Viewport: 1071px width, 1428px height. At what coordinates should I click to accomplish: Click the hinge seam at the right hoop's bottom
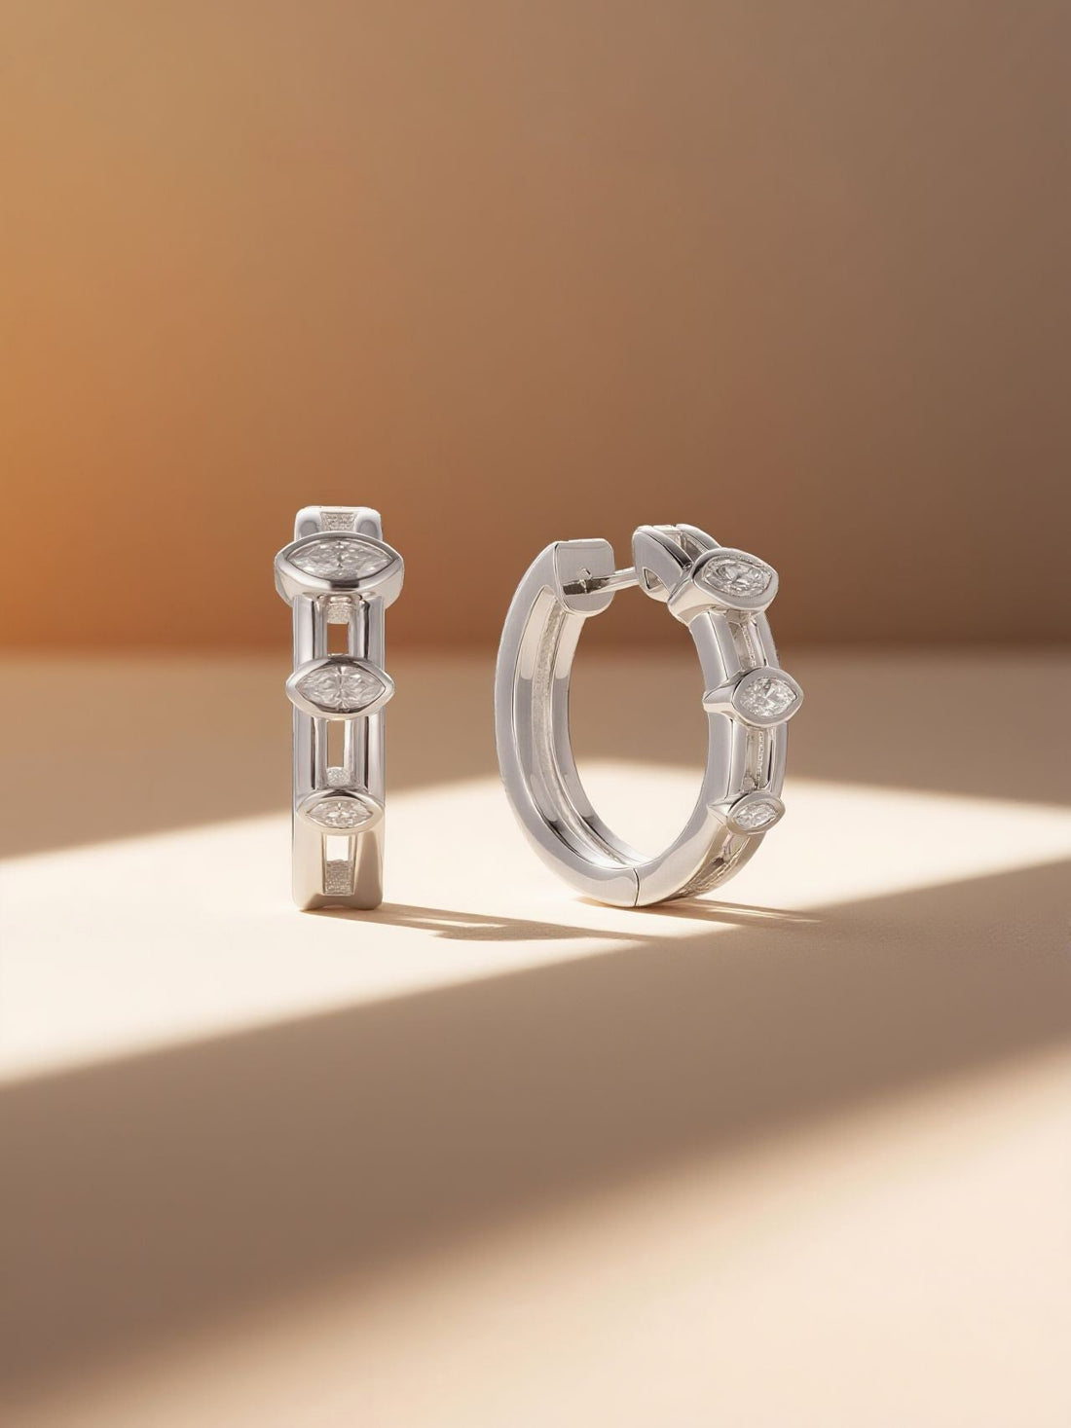(x=637, y=886)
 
